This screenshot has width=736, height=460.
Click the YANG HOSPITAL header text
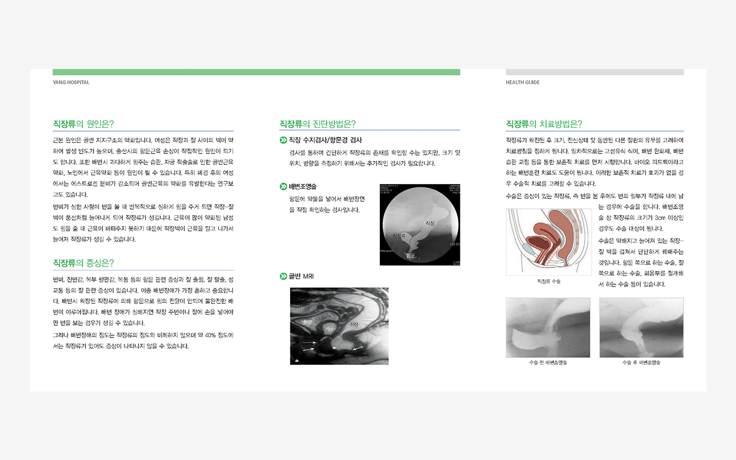tap(71, 82)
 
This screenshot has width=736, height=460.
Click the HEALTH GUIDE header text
tap(522, 82)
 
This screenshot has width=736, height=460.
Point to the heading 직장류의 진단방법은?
tap(318, 124)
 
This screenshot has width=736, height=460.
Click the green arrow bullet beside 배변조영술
tap(283, 187)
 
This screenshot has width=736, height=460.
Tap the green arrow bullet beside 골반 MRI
tap(283, 277)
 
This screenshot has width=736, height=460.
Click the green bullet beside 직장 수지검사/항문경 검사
tap(283, 140)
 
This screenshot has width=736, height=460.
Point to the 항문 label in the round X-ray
tap(410, 256)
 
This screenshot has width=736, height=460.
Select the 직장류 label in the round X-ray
tap(398, 235)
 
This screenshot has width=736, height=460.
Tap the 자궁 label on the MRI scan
tap(329, 329)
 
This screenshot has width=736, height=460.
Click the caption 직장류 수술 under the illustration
tap(549, 281)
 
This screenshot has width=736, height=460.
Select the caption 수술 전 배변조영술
tap(548, 363)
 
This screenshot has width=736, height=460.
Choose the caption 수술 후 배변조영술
tap(641, 363)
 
